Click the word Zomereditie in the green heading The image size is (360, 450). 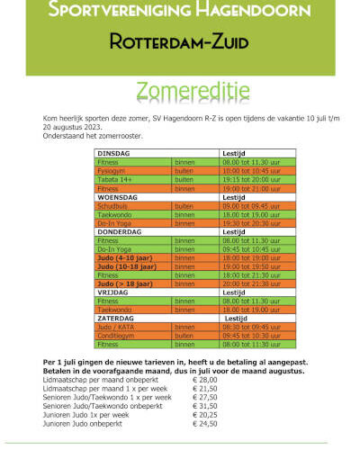click(x=180, y=91)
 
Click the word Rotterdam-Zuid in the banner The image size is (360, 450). click(x=180, y=41)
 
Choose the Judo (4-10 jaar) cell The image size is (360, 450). click(x=125, y=257)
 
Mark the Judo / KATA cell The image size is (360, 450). click(x=114, y=327)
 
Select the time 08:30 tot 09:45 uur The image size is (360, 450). click(x=254, y=327)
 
